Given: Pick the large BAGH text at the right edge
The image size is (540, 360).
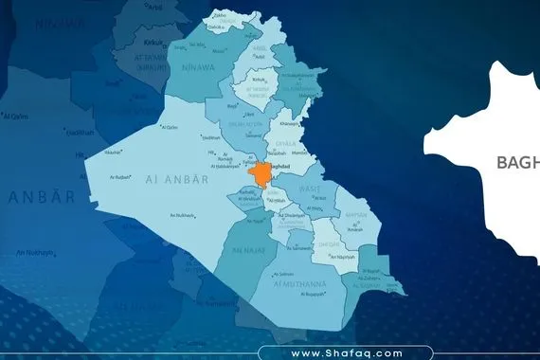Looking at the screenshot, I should pyautogui.click(x=517, y=162).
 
